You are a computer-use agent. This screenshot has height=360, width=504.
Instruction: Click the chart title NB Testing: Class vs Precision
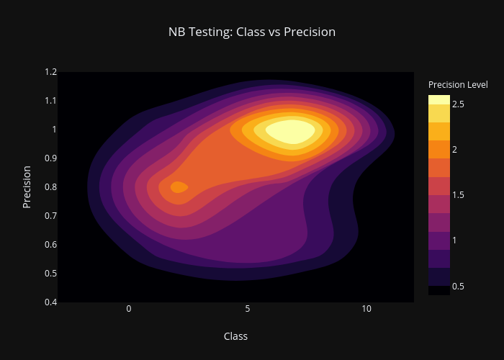click(x=252, y=32)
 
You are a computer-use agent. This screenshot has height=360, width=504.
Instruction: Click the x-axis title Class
click(x=235, y=336)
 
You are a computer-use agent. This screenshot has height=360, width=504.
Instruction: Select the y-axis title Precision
click(x=27, y=187)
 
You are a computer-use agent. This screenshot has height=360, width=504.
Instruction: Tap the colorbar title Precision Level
click(x=458, y=85)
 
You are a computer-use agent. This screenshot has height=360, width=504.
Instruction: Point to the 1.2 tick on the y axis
click(x=51, y=72)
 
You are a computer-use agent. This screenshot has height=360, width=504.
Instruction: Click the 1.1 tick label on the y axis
click(x=51, y=101)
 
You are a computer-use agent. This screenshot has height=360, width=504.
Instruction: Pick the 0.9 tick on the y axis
click(x=51, y=158)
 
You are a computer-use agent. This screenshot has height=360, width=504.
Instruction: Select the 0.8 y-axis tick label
click(x=51, y=186)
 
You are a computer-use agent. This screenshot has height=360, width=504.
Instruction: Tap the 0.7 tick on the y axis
click(x=51, y=216)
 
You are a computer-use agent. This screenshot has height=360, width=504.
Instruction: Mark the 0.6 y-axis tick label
click(x=51, y=245)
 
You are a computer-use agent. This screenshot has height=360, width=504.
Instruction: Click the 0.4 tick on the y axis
click(x=51, y=302)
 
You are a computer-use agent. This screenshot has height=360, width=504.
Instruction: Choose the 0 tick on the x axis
click(x=129, y=309)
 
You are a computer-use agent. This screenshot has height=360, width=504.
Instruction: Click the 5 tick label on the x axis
click(x=248, y=309)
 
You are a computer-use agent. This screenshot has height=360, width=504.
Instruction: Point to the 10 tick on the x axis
click(x=366, y=309)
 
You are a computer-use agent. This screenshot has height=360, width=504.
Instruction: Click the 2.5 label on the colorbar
click(x=458, y=104)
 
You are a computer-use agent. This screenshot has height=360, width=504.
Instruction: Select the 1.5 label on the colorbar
click(x=458, y=195)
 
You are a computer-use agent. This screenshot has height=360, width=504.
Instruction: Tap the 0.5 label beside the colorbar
click(x=458, y=286)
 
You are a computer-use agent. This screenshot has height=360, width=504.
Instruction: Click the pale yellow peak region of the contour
click(x=291, y=132)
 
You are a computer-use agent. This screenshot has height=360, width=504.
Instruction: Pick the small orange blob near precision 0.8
click(x=179, y=187)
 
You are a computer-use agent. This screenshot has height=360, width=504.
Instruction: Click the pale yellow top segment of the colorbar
click(x=439, y=99)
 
